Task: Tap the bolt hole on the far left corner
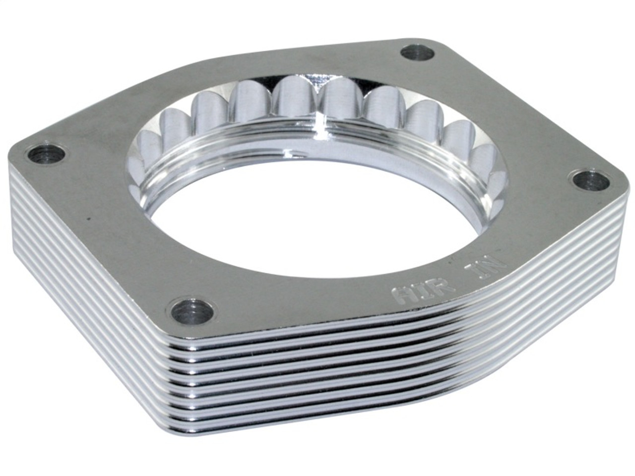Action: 46,155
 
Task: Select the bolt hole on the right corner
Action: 591,180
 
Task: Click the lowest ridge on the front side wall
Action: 298,426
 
